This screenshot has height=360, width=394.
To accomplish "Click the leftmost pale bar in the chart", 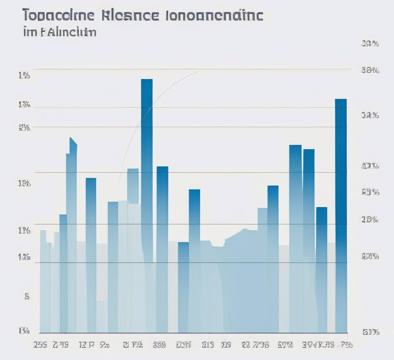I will pos(43,279).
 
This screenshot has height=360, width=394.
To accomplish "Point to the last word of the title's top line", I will pos(214,15).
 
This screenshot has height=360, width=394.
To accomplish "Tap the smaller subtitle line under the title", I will pos(60,32).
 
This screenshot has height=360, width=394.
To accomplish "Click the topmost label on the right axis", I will pos(369,44).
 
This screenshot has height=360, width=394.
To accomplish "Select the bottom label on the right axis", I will pos(370,332).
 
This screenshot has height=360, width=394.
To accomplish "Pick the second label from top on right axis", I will pos(370,70).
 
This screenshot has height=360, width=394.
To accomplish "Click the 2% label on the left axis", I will pos(24,128).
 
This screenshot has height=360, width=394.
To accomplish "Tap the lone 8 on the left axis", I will pos(27,296).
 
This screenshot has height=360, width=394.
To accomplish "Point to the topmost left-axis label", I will pos(24,75).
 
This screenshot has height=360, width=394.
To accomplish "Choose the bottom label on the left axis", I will pos(24,331).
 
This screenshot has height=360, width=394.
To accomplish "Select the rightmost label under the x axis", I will pos(346,345).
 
